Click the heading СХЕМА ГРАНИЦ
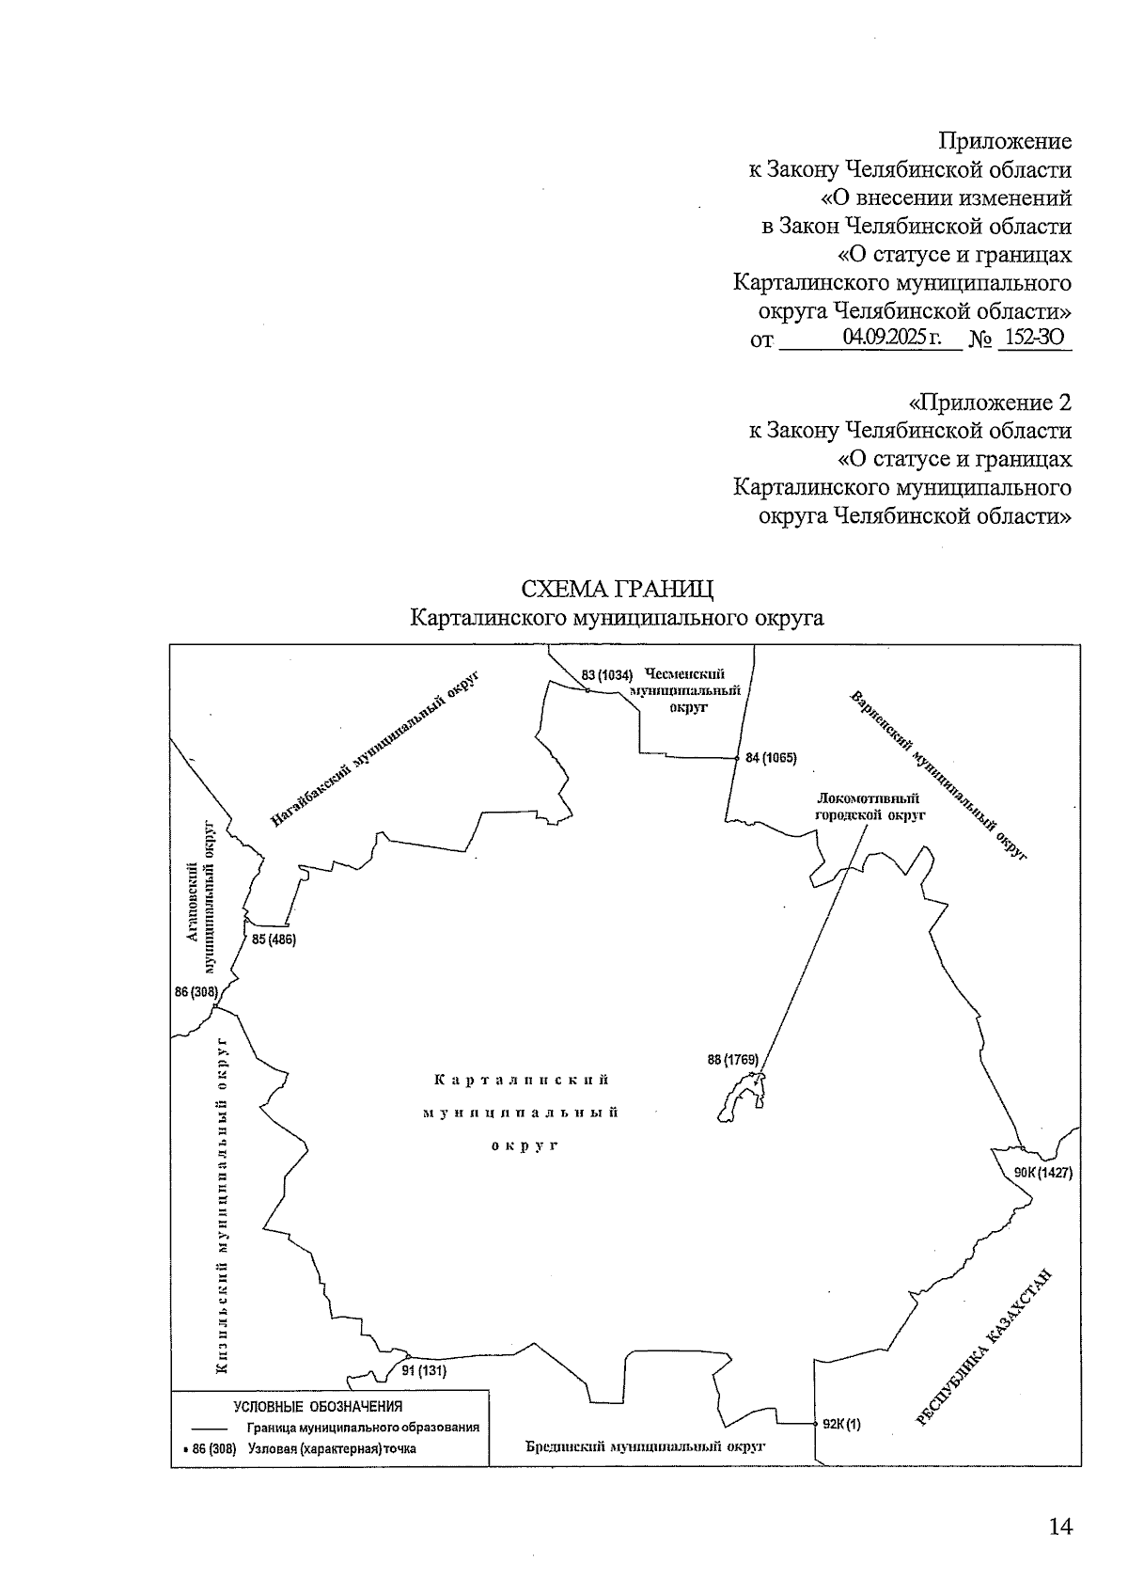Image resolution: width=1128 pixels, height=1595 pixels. [617, 589]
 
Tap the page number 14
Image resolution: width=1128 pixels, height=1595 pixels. [1059, 1526]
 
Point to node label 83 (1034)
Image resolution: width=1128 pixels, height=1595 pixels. [606, 674]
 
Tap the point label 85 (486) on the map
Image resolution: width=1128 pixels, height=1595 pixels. [274, 939]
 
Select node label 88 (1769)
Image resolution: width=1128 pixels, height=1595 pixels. [732, 1060]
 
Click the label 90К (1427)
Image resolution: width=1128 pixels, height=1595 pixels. [1042, 1173]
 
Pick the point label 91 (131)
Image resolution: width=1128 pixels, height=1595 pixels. [424, 1370]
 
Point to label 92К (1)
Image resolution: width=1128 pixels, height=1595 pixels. [841, 1424]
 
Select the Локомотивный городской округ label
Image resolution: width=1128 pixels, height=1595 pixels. [869, 807]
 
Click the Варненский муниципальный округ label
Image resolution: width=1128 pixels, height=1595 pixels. [937, 775]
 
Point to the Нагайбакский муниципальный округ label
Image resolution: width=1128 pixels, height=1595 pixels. [375, 750]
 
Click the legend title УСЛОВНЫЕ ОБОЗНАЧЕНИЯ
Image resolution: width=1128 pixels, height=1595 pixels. [318, 1407]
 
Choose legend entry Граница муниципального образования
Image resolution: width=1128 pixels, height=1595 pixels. [364, 1427]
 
